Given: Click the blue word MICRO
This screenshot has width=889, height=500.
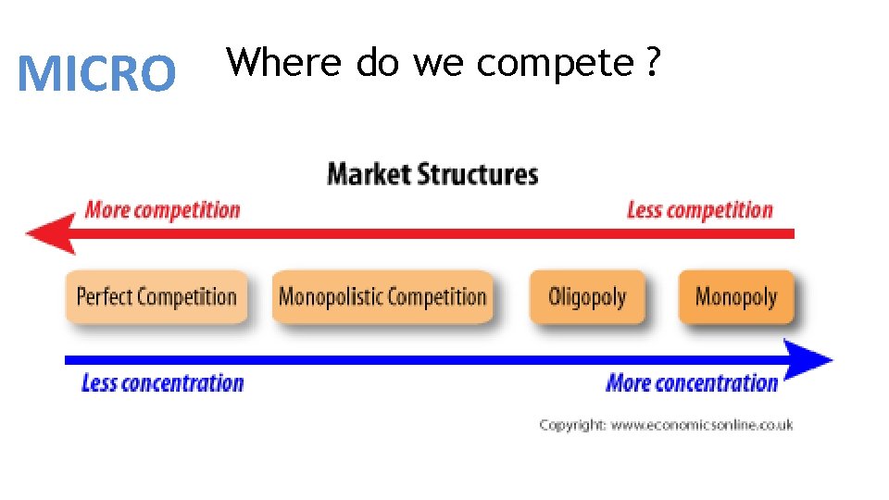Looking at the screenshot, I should [x=97, y=74].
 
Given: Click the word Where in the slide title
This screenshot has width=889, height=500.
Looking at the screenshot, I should [x=287, y=63].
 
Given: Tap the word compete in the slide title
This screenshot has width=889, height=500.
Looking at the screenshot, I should [x=554, y=63].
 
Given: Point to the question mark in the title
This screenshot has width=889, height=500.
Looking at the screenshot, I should [x=655, y=63].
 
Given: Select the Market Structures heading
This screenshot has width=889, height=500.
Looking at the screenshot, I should [x=432, y=174].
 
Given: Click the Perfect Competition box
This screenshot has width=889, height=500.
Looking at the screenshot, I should [x=157, y=297].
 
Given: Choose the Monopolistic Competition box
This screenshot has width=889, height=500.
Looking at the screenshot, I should [x=382, y=297].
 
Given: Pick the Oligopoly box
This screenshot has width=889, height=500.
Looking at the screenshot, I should [x=587, y=297].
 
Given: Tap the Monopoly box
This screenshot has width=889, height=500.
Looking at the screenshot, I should [x=735, y=297].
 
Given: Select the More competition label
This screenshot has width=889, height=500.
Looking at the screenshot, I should [x=162, y=209].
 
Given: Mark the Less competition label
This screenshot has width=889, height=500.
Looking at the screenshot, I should [x=699, y=210].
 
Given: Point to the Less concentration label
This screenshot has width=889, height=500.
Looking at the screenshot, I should [x=162, y=382].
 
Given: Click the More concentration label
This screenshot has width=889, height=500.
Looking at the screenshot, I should [x=692, y=382].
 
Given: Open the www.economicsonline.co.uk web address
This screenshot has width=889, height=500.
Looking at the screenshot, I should [x=703, y=425].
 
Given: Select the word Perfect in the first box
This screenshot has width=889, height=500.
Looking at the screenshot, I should [x=105, y=297].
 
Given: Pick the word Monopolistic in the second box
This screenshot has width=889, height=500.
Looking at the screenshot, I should [x=330, y=297].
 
